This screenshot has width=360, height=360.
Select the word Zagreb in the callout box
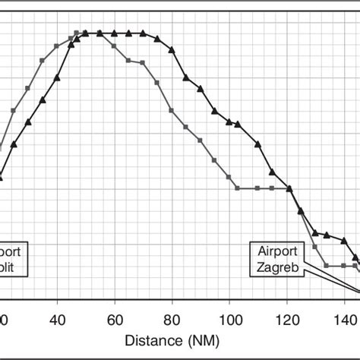click(x=277, y=268)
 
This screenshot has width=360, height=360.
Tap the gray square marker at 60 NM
click(x=115, y=47)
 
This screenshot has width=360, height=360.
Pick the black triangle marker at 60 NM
click(x=115, y=33)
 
